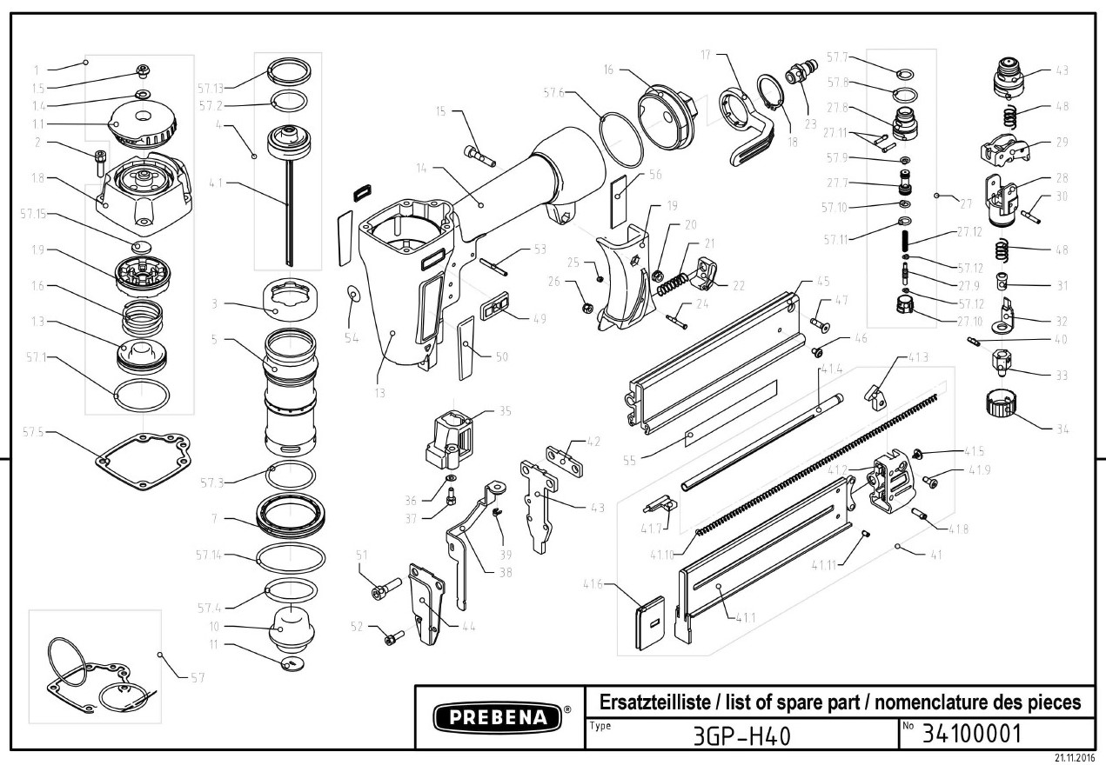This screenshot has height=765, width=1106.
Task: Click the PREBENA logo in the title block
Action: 492,718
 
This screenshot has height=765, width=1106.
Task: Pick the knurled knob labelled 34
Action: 1002,406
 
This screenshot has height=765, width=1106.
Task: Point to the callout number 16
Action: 608,69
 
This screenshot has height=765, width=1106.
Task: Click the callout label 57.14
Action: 211,555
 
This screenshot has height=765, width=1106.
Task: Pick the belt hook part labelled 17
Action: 754,130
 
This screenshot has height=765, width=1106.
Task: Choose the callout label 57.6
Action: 554,92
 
